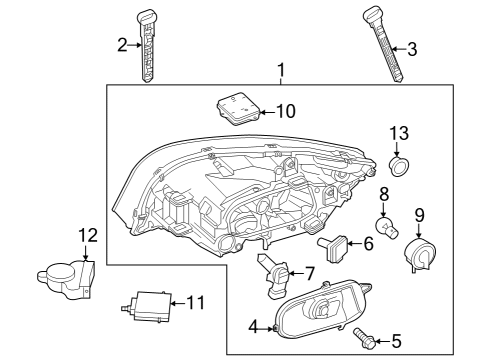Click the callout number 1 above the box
pyautogui.click(x=281, y=70)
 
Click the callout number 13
pyautogui.click(x=399, y=134)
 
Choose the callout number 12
pyautogui.click(x=87, y=236)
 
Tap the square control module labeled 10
pyautogui.click(x=235, y=108)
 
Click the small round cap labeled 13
pyautogui.click(x=399, y=165)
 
